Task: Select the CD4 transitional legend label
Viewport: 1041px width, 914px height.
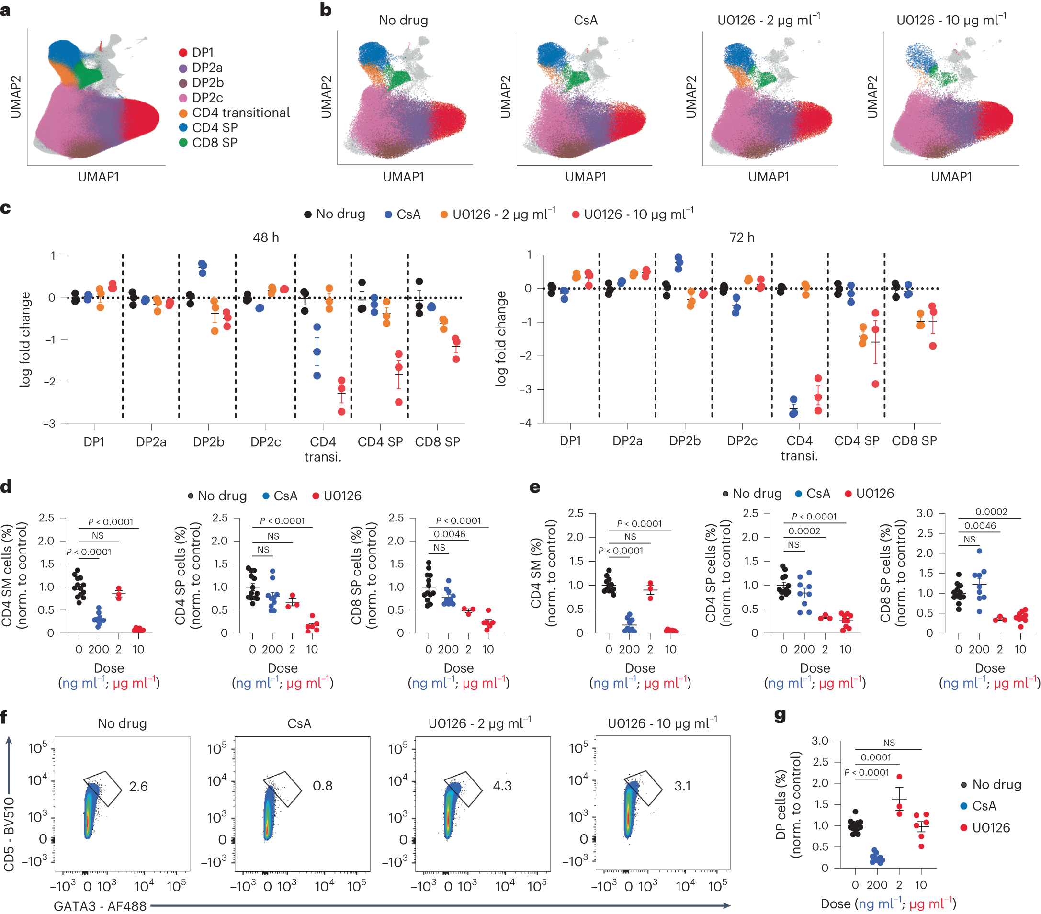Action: click(240, 113)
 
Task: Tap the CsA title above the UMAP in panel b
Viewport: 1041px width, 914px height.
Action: click(585, 21)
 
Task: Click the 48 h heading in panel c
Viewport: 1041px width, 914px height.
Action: click(265, 237)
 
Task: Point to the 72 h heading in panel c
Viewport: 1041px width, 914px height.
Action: click(742, 237)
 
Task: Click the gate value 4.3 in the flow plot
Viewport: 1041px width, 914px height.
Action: click(502, 786)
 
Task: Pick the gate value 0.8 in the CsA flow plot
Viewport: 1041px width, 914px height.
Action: click(322, 786)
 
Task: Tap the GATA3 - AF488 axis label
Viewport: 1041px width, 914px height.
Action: click(100, 906)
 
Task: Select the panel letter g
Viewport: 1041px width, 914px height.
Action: click(779, 715)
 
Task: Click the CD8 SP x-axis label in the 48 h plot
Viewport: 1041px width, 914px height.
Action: click(437, 441)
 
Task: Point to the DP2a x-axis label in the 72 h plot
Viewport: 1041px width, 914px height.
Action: click(627, 440)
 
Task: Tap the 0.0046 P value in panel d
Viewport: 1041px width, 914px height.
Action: click(449, 534)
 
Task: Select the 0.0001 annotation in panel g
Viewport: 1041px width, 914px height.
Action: click(875, 757)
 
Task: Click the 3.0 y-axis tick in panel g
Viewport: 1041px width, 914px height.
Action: click(819, 741)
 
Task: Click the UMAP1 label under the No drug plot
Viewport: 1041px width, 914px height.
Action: click(403, 177)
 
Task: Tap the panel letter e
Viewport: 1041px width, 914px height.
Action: click(535, 487)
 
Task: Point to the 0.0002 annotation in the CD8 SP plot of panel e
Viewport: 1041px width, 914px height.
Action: click(991, 512)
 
